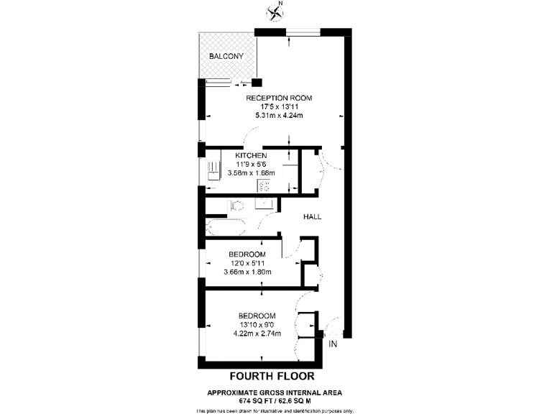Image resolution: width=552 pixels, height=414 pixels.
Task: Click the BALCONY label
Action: (226, 57)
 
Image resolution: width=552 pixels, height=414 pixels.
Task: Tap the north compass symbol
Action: (274, 11)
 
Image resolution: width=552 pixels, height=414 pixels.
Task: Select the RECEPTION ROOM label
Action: (279, 98)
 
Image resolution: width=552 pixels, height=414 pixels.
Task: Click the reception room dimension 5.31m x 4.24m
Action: (279, 115)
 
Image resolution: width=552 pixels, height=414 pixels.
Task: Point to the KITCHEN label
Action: (251, 156)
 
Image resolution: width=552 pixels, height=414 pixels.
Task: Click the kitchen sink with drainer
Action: (213, 171)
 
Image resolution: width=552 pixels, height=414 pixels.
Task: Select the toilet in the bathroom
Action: (236, 206)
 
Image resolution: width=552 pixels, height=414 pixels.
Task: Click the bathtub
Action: (225, 229)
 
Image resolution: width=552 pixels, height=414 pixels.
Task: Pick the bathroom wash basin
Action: (264, 203)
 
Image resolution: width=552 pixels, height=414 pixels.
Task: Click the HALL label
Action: (312, 216)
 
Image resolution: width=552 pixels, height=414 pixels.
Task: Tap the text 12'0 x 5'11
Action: (247, 264)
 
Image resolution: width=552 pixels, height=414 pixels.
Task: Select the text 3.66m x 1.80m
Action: (247, 272)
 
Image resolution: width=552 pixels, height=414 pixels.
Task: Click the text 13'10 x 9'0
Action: (257, 325)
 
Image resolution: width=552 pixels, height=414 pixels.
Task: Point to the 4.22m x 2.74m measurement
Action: (257, 333)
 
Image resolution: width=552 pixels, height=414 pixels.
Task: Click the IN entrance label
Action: (332, 345)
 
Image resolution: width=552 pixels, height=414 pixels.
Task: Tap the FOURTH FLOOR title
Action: (271, 376)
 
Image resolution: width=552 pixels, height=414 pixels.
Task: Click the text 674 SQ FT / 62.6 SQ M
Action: (274, 400)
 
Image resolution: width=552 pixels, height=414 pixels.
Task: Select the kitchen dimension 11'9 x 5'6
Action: (251, 165)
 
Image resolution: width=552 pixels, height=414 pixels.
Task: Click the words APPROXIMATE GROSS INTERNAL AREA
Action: (275, 392)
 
